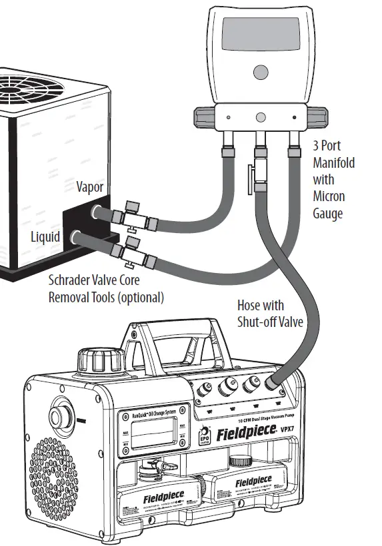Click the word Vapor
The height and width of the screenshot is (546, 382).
89,187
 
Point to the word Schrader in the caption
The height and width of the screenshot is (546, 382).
73,281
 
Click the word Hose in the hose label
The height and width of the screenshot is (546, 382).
251,306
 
